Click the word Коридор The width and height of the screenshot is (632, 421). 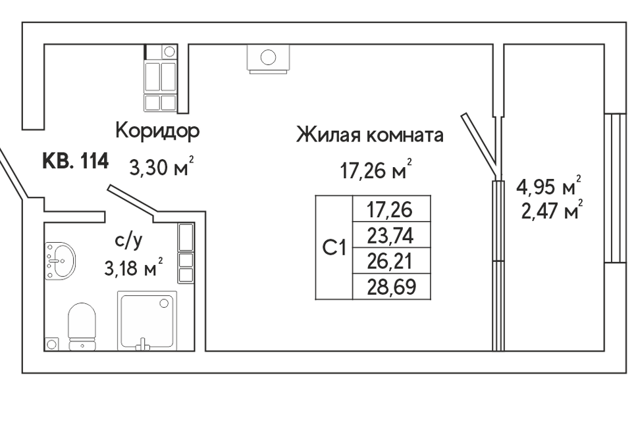pos(157,131)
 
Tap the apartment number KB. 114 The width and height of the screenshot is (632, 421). pos(75,161)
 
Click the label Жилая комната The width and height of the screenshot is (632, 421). pos(370,135)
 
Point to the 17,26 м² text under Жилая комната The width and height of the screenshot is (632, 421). pos(376,169)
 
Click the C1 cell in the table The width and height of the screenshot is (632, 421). pos(334,248)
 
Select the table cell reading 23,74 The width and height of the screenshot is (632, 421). pos(391,235)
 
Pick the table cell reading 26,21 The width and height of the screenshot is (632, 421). pos(391,260)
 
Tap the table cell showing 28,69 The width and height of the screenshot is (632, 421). pos(391,286)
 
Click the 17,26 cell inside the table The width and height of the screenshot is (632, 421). pos(391,209)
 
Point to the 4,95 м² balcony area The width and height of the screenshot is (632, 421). pos(548,187)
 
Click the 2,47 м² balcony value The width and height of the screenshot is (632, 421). pos(552,210)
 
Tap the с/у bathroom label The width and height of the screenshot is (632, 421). pos(128,241)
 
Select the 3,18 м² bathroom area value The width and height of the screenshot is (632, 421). pos(134,267)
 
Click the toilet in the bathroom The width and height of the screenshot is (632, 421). pos(82,327)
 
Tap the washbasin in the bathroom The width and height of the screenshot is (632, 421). pos(61,260)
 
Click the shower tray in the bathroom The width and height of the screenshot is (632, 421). pos(147,321)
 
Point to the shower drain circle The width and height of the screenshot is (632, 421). pos(164,303)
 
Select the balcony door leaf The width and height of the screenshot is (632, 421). pos(479,145)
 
